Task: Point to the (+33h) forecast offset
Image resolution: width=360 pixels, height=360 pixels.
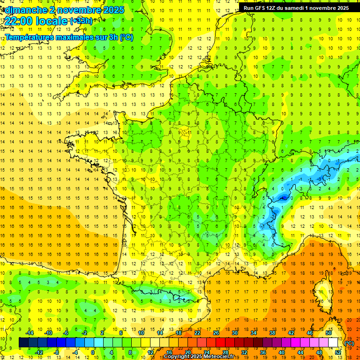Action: click(x=81, y=21)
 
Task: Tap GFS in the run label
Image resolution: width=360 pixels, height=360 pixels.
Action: click(x=259, y=8)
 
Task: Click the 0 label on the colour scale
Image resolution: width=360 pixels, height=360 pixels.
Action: click(x=93, y=352)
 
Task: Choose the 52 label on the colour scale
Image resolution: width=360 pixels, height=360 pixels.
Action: click(x=338, y=352)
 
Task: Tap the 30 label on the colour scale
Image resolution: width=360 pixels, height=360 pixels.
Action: click(x=234, y=333)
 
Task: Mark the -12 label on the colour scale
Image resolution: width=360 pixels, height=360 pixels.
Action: click(x=39, y=352)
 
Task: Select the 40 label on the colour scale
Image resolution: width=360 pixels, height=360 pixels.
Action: click(x=281, y=352)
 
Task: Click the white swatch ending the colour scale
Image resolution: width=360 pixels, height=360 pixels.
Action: click(x=333, y=343)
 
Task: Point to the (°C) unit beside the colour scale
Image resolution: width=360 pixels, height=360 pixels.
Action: click(x=349, y=343)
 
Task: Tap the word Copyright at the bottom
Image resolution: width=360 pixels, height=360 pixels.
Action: click(x=178, y=357)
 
